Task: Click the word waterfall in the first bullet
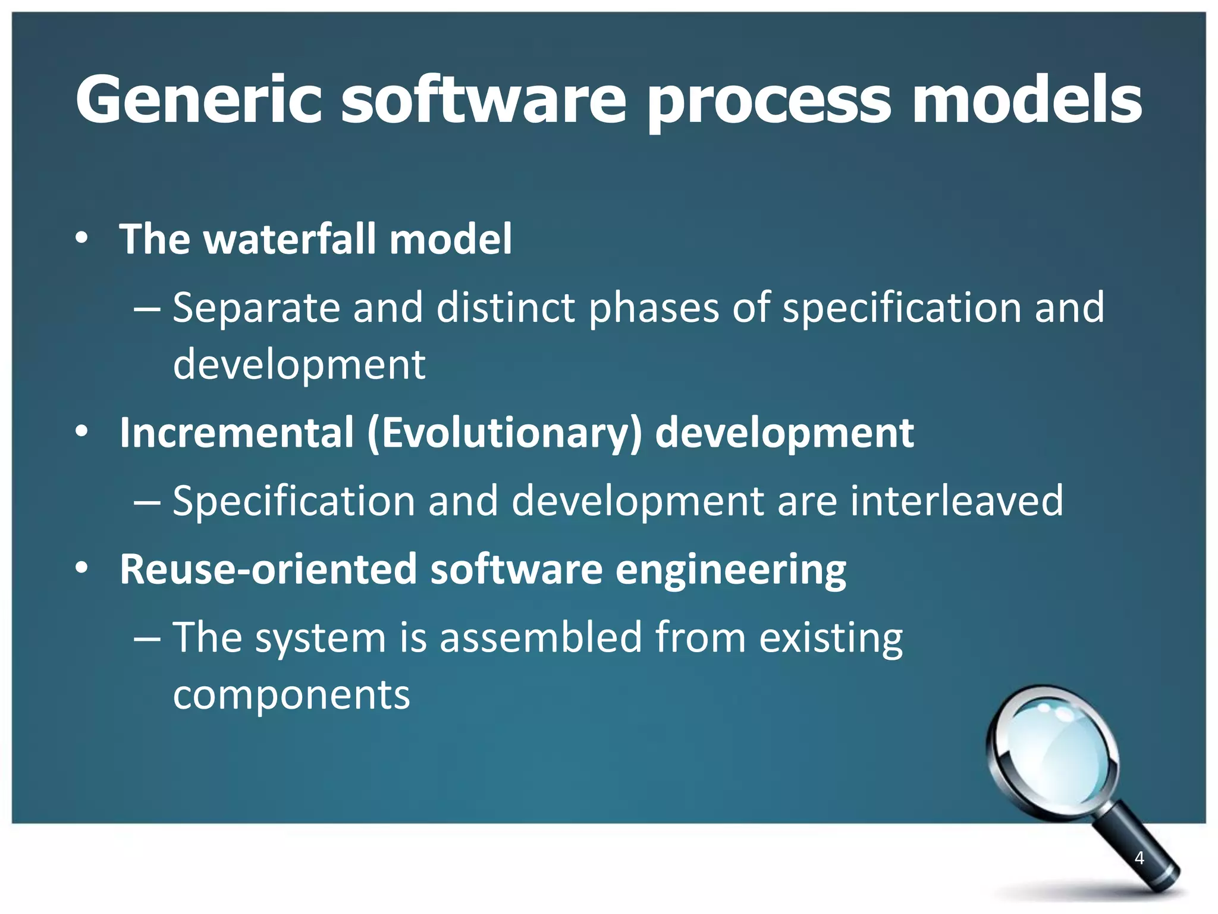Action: coord(290,239)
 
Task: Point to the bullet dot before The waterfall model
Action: coord(82,239)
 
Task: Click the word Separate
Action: coord(256,308)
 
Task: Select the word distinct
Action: coord(506,308)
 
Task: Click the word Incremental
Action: coord(237,433)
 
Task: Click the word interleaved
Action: coord(956,501)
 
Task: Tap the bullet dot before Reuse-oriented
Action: coord(82,569)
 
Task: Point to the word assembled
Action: coord(541,638)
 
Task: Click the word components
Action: coord(291,695)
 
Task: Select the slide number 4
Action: coord(1139,858)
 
